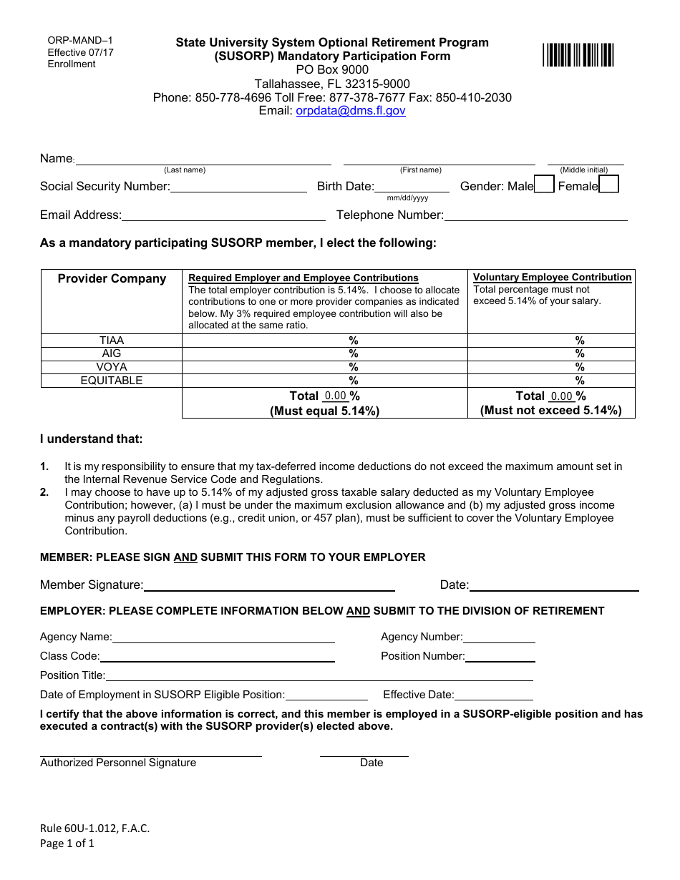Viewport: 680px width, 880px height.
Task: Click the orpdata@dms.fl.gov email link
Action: click(x=351, y=111)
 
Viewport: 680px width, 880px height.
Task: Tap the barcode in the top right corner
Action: click(x=578, y=55)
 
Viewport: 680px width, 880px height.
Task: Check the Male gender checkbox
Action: click(x=544, y=185)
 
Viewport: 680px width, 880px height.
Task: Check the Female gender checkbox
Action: click(x=608, y=185)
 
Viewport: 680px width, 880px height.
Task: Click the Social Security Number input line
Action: click(x=238, y=187)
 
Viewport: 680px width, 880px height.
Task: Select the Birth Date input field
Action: click(x=412, y=187)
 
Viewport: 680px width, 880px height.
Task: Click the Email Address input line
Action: click(x=223, y=215)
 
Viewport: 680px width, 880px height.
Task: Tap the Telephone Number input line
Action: click(x=535, y=215)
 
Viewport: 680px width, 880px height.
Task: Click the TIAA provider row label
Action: click(x=112, y=341)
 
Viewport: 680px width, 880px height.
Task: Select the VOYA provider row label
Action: click(x=112, y=367)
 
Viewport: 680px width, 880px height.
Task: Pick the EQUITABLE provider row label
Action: click(x=112, y=381)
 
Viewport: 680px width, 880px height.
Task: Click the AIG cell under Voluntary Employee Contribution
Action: click(x=551, y=353)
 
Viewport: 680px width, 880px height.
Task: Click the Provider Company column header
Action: click(x=112, y=279)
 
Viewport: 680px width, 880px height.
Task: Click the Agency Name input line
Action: click(x=223, y=637)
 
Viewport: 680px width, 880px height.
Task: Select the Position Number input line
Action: click(x=500, y=657)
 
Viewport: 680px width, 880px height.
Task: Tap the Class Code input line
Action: click(x=218, y=657)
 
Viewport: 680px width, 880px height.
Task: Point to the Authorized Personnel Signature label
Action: click(x=118, y=763)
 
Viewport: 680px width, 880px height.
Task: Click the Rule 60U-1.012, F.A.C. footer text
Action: click(x=95, y=828)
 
